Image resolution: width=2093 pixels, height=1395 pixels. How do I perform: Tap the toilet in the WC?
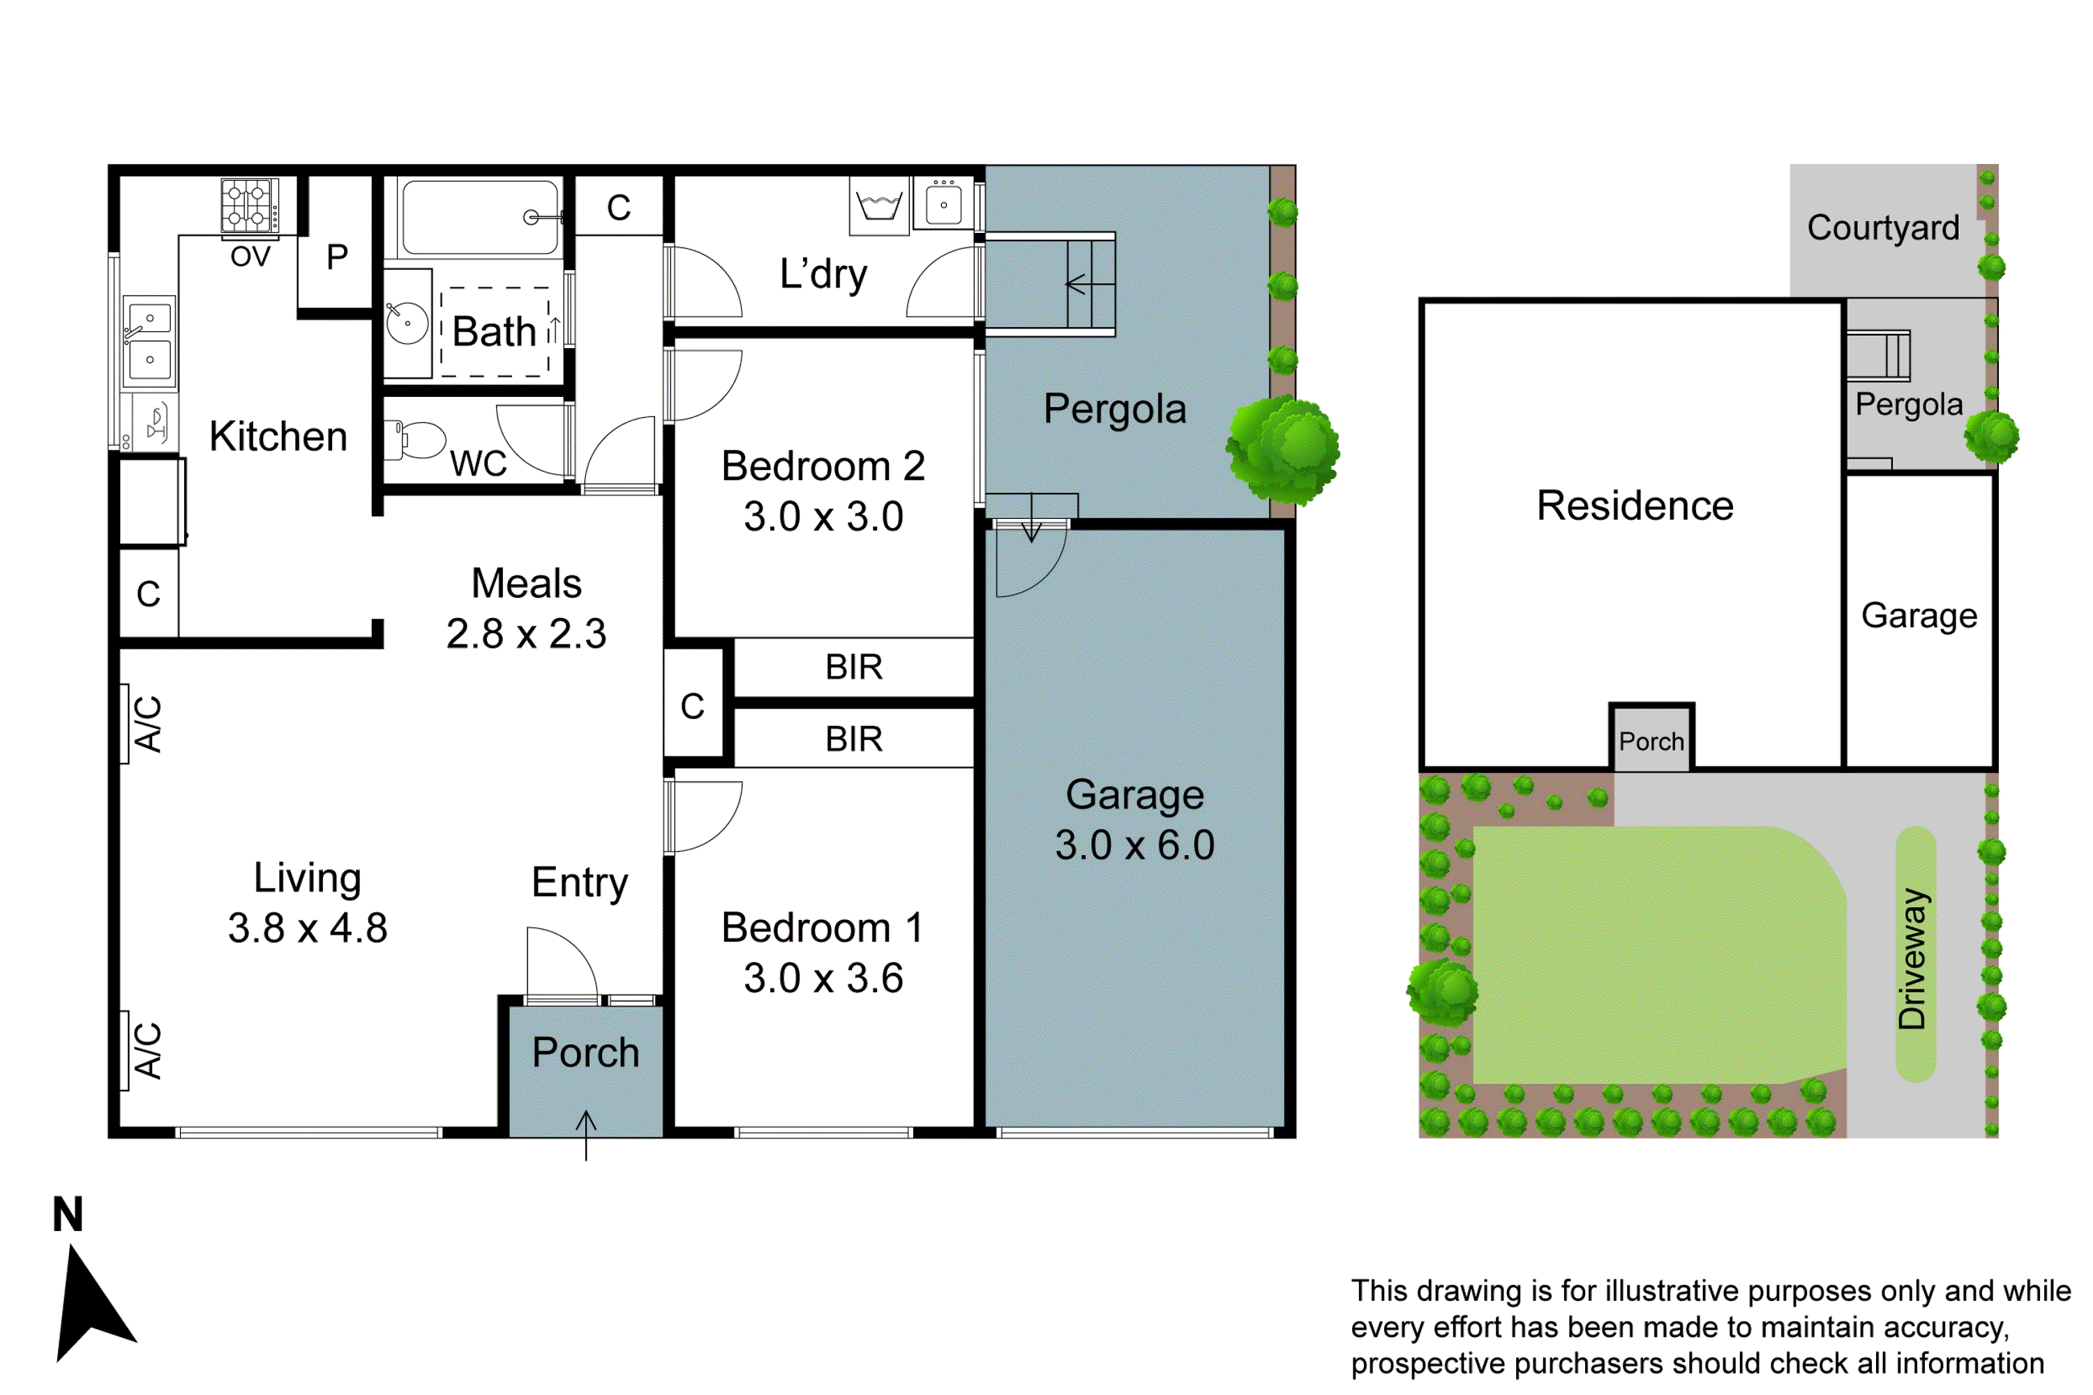417,440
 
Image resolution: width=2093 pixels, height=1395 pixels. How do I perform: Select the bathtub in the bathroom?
481,218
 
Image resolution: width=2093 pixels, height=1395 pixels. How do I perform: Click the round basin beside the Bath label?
407,322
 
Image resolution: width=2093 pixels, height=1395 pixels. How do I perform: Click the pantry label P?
336,258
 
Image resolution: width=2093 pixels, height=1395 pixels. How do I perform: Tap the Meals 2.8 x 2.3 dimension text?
526,634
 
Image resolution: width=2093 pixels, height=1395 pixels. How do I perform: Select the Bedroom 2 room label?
823,466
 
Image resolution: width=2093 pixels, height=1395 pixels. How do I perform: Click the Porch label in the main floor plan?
585,1053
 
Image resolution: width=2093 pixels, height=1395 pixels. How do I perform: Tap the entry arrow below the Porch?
585,1136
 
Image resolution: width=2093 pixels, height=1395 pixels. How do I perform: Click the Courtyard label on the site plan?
1883,228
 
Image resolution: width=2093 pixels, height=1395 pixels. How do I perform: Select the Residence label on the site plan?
1635,505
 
